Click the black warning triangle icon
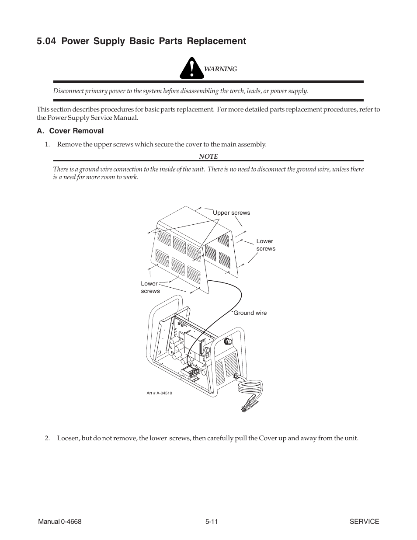pyautogui.click(x=191, y=69)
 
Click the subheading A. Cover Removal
pyautogui.click(x=70, y=131)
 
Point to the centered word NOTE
pyautogui.click(x=208, y=156)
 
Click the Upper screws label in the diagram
pyautogui.click(x=231, y=213)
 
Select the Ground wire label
pyautogui.click(x=250, y=313)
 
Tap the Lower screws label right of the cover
pyautogui.click(x=265, y=245)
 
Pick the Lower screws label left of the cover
pyautogui.click(x=150, y=287)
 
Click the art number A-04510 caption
pyautogui.click(x=159, y=393)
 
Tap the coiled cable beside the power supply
pyautogui.click(x=250, y=387)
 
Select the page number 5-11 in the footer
pyautogui.click(x=212, y=522)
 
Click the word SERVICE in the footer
pyautogui.click(x=364, y=522)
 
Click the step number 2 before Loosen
pyautogui.click(x=47, y=438)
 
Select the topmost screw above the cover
pyautogui.click(x=200, y=209)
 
